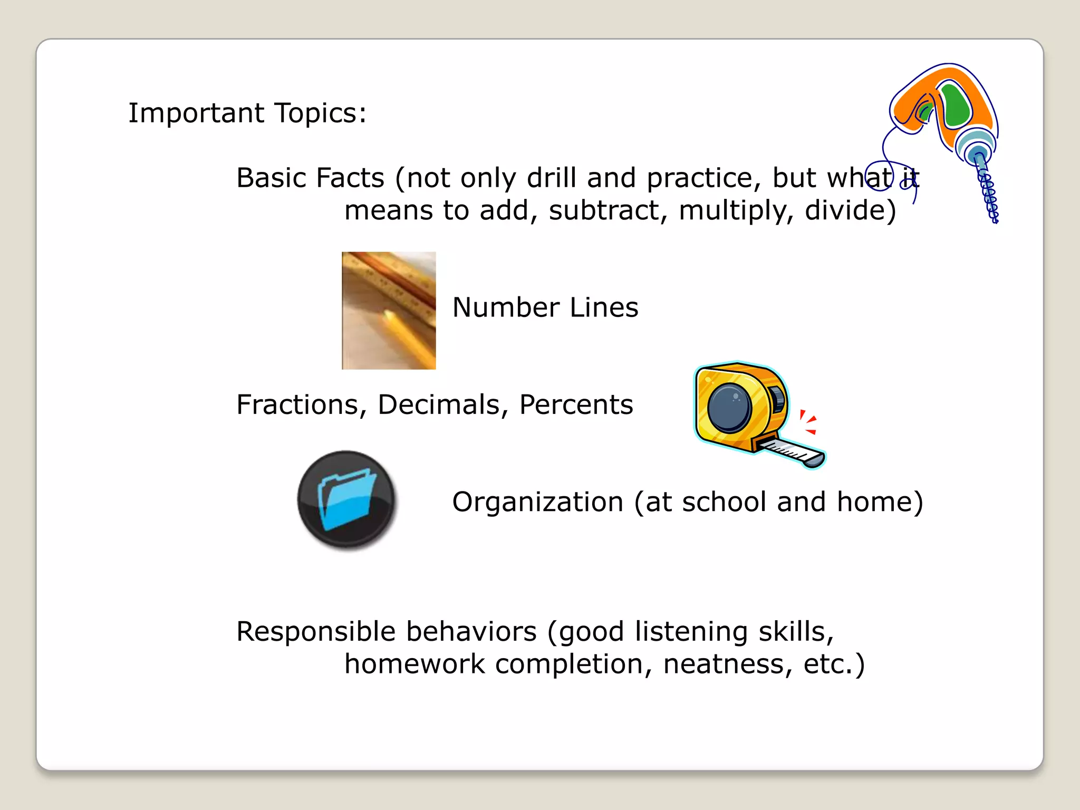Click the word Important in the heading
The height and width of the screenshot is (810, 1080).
click(196, 113)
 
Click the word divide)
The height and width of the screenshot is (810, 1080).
click(850, 210)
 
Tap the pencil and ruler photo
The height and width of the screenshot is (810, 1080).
click(389, 311)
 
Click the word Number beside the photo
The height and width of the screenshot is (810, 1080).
click(506, 307)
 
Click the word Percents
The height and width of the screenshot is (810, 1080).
click(576, 405)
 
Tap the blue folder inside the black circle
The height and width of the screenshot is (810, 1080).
click(346, 499)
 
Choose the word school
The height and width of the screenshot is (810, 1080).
click(724, 502)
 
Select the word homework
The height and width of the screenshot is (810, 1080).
click(414, 664)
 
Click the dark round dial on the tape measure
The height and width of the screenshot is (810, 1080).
click(730, 409)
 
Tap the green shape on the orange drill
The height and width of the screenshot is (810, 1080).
click(957, 105)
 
